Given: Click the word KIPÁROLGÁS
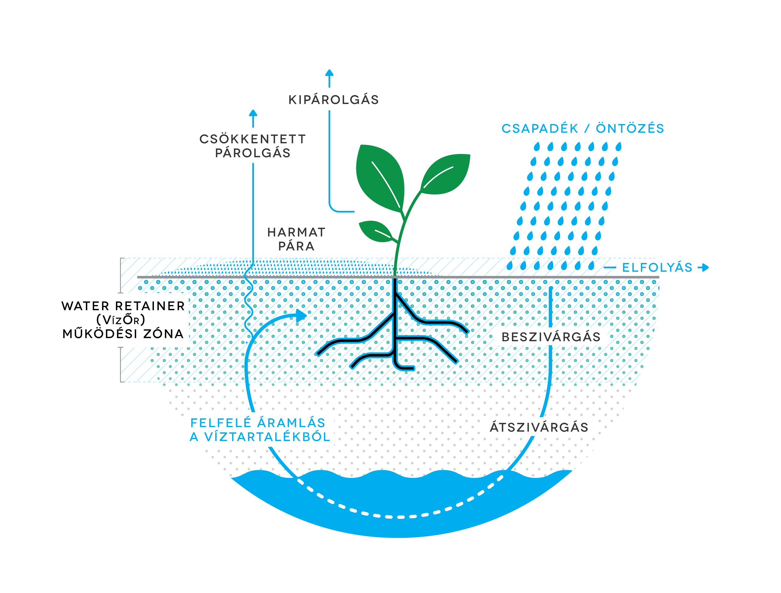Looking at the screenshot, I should pos(334,100).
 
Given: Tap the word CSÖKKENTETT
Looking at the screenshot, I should pos(253,139).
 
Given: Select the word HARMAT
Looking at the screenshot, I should pos(296,232).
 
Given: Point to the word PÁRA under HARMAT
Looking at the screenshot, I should pos(296,246).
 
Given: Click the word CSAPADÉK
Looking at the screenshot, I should pos(540,129).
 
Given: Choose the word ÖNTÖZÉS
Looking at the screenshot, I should pos(630,129).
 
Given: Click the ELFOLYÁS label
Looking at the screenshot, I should pos(657,268).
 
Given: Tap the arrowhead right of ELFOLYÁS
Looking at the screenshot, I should pos(705,268).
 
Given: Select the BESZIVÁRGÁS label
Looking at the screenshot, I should pos(551,337).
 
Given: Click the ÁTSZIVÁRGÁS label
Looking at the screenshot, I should pos(539,428).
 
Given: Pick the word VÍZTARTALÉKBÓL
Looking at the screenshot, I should pos(267,437).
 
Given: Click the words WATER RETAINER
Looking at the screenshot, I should pos(123,306).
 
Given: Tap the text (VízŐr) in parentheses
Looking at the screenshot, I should pos(121,320).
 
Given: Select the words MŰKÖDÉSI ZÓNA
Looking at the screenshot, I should pos(123,334).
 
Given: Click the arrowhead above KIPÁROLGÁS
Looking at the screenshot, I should pos(329,73).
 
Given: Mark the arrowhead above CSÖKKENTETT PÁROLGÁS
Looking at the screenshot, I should pos(253,113).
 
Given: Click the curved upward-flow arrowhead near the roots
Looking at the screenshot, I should pos(301,315).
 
